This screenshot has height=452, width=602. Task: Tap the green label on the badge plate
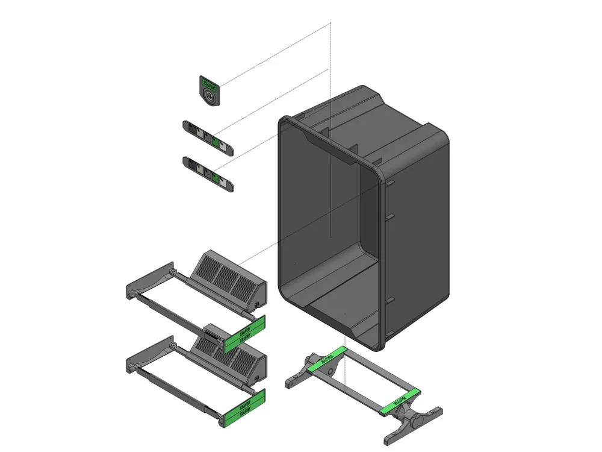(x=209, y=83)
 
